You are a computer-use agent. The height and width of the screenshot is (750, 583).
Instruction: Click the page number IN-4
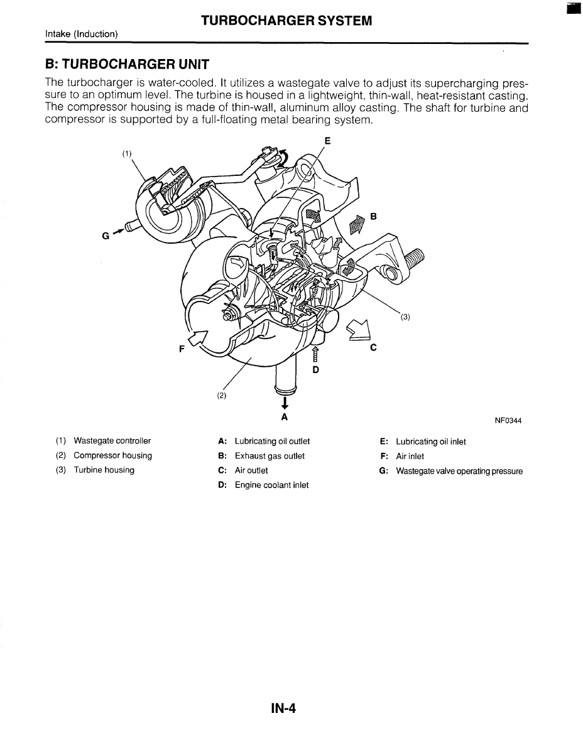[283, 708]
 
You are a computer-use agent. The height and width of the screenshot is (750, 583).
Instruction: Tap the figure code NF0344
[508, 421]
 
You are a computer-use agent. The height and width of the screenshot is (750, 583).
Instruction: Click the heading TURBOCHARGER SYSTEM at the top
[286, 21]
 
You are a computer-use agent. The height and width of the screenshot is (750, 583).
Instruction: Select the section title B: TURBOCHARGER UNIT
[126, 65]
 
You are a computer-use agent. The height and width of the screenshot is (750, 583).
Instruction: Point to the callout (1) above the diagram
[128, 153]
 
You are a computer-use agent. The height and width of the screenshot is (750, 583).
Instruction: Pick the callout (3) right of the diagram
[405, 317]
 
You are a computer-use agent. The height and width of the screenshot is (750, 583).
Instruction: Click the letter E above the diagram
[327, 139]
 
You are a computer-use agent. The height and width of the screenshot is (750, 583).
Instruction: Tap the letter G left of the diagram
[104, 237]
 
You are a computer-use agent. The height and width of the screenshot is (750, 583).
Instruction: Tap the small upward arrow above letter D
[315, 356]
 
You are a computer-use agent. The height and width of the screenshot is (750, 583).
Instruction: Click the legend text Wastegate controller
[112, 441]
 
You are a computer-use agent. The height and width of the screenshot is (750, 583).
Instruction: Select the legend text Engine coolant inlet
[271, 485]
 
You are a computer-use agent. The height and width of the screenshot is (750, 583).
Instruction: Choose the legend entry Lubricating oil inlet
[430, 442]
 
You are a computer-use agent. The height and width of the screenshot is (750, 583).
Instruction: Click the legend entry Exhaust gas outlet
[270, 456]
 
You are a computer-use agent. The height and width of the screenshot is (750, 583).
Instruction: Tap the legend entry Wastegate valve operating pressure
[459, 471]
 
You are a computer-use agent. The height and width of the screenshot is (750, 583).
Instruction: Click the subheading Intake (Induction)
[82, 34]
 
